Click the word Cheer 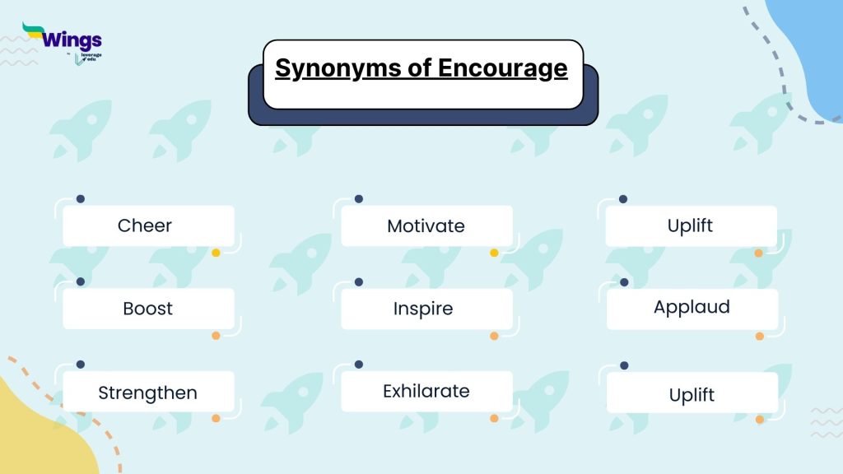145,225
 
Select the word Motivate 426,225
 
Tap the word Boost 147,309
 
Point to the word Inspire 423,309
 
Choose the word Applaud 692,308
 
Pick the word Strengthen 147,393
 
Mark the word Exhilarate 426,391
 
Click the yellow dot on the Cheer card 216,253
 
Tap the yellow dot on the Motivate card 494,253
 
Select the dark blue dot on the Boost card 80,281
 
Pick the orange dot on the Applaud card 759,336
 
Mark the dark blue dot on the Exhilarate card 358,364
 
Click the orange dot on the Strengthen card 216,418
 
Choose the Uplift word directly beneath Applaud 692,395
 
